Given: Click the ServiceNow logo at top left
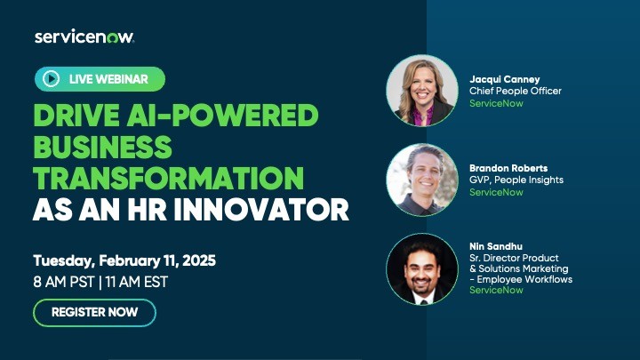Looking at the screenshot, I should pyautogui.click(x=84, y=36).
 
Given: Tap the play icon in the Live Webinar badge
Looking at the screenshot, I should pyautogui.click(x=52, y=80).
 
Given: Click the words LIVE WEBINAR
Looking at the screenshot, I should pyautogui.click(x=108, y=80).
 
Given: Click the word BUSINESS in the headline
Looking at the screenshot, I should pyautogui.click(x=102, y=146).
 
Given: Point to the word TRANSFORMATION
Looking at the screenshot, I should pyautogui.click(x=168, y=177).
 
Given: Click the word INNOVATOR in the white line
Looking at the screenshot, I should pyautogui.click(x=269, y=210).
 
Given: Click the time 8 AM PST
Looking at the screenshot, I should pyautogui.click(x=68, y=283).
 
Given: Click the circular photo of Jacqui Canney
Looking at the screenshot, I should pyautogui.click(x=421, y=91).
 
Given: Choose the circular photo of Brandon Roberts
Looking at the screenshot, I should pyautogui.click(x=421, y=180).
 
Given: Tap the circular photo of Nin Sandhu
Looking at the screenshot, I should pyautogui.click(x=421, y=269).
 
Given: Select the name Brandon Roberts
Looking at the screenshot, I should pyautogui.click(x=509, y=167).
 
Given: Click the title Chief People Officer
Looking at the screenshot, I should pyautogui.click(x=515, y=91).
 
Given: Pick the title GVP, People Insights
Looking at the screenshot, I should pyautogui.click(x=516, y=180).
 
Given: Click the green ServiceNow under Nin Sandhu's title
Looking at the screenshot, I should pyautogui.click(x=496, y=290).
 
